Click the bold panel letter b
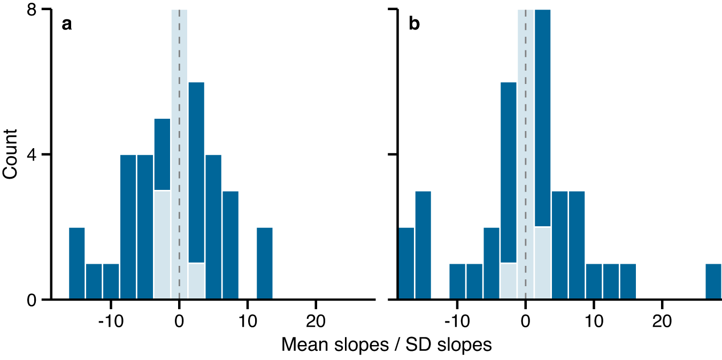tap(414, 25)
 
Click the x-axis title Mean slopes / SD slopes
tap(386, 345)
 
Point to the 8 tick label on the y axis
tap(32, 10)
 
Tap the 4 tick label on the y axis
tap(32, 155)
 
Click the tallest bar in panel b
tap(542, 118)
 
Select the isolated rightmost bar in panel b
tap(713, 281)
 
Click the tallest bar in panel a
tap(196, 171)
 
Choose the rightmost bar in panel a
tap(265, 263)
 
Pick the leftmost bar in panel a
tap(77, 263)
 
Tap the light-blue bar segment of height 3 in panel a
tap(162, 244)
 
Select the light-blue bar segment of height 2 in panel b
tap(542, 263)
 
